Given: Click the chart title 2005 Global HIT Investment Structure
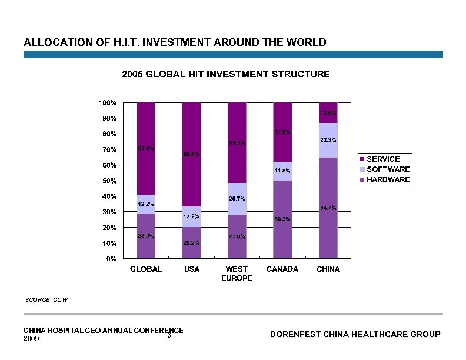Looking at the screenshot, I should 225,74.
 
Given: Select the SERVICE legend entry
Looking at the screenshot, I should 383,159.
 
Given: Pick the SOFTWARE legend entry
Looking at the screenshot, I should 388,169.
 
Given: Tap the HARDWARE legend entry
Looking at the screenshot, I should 388,179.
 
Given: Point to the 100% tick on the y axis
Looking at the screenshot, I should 107,102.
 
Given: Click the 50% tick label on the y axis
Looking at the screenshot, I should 109,181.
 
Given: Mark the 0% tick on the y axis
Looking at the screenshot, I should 111,258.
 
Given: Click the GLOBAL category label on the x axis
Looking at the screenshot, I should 146,269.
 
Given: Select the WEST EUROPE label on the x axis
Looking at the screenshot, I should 237,274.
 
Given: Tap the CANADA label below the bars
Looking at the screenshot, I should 282,269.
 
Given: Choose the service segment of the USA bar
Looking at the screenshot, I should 191,135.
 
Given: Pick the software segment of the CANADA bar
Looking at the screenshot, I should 282,171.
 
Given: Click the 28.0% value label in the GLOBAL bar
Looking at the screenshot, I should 146,236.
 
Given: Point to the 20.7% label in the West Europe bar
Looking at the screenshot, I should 237,199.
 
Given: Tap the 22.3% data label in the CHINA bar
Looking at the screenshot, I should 328,140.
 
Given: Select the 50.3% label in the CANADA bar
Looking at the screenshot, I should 282,219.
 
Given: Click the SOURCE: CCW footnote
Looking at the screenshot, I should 46,300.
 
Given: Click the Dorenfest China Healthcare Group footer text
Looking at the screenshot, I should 355,334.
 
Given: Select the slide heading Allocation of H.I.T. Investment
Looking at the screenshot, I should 175,42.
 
